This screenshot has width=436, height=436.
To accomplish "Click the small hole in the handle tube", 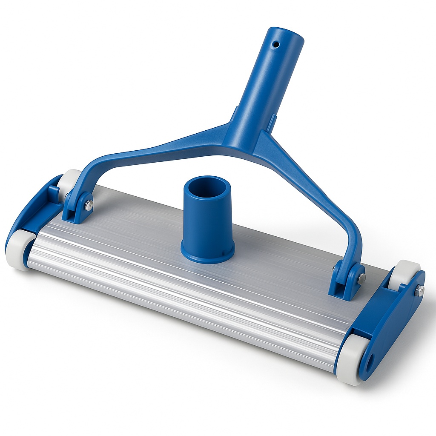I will [x=276, y=44].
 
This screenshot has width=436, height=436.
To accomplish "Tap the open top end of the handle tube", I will [x=286, y=34].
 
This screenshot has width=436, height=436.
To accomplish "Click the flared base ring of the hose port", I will [x=207, y=254].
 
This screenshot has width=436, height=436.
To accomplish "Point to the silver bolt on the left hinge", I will [x=88, y=206].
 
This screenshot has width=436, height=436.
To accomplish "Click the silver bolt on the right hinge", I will [x=361, y=279].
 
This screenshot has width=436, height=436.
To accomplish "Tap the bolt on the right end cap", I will [x=420, y=290].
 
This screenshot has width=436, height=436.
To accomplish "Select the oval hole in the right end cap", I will [x=368, y=362].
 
